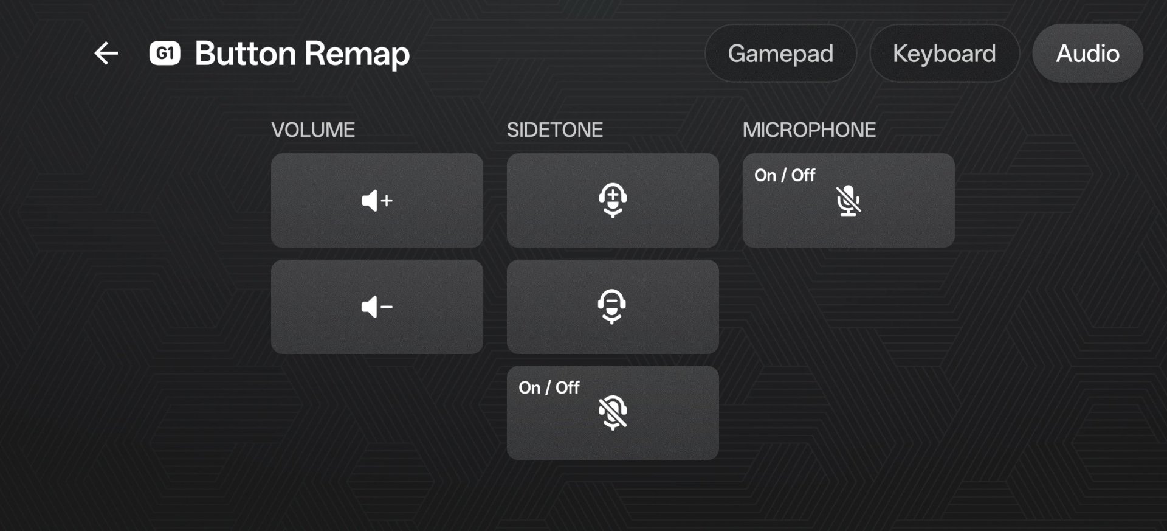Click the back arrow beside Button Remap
(x=106, y=53)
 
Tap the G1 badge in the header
(x=165, y=54)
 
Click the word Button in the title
(x=246, y=54)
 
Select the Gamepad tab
(x=780, y=54)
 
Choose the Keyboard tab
(x=944, y=54)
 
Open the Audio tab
(x=1087, y=54)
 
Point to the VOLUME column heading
(x=313, y=130)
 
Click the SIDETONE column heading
(x=555, y=130)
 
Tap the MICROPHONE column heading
(x=809, y=130)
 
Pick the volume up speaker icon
(x=377, y=201)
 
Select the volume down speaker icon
(x=377, y=307)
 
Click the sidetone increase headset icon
(x=613, y=200)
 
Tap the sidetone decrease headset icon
(x=612, y=306)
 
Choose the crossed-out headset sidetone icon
(x=613, y=412)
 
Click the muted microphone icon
(x=849, y=201)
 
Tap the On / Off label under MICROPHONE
(x=785, y=175)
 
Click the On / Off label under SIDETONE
(x=549, y=387)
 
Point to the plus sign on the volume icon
(x=387, y=201)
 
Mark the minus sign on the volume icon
(x=387, y=307)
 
